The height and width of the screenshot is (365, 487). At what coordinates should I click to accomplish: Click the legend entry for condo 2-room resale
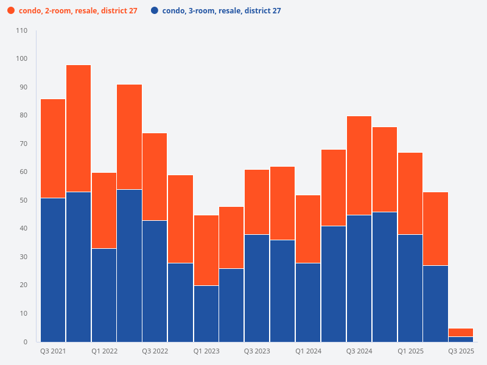point(78,11)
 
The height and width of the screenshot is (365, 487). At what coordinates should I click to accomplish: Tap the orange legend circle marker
point(11,11)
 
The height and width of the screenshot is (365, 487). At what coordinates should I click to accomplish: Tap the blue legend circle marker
point(155,11)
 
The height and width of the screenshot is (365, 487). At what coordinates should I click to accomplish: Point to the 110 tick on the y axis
point(21,30)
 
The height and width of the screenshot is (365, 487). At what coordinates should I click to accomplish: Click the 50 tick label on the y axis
point(23,200)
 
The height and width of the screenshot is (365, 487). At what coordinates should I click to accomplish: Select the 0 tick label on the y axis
point(25,342)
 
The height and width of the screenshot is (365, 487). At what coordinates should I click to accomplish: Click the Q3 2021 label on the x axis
point(53,352)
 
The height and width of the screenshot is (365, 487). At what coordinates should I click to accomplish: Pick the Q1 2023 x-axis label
point(206,352)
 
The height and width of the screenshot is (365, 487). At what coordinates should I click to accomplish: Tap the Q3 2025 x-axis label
point(461,352)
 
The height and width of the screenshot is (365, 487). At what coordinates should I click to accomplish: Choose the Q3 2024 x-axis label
point(359,352)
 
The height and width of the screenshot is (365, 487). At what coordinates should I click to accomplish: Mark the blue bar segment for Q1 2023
point(206,313)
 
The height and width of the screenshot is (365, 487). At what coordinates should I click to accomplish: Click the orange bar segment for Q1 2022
point(104,210)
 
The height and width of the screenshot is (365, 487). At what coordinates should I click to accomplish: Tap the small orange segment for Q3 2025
point(461,332)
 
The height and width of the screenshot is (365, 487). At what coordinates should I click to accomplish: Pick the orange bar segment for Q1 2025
point(410,193)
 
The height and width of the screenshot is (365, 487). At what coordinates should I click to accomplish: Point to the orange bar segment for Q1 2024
point(308,229)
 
